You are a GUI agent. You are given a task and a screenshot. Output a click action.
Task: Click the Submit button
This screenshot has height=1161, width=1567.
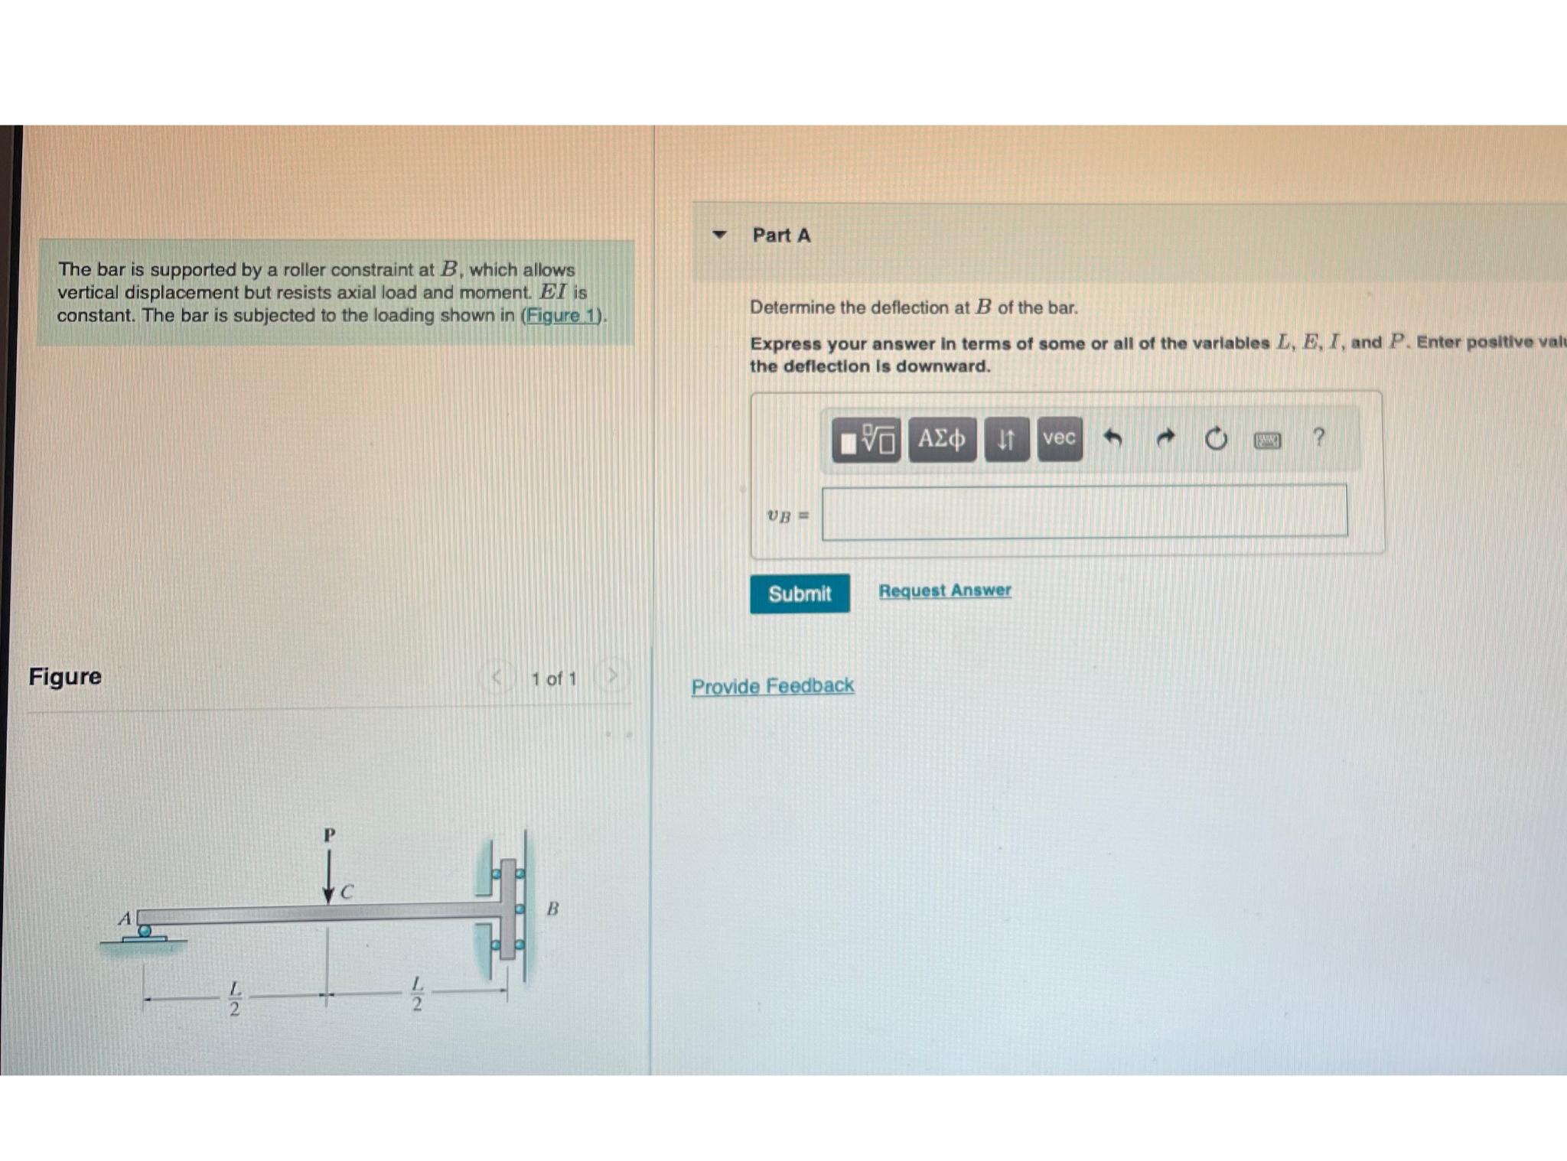tap(800, 594)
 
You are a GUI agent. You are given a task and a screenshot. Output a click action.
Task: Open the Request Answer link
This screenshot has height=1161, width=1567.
tap(944, 590)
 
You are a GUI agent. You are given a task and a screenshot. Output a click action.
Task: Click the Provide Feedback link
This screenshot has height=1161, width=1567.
tap(773, 686)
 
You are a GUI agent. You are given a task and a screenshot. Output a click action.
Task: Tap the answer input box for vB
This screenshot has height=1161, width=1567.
tap(1084, 511)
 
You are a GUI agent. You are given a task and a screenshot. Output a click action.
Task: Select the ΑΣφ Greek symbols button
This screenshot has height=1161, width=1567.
tap(942, 439)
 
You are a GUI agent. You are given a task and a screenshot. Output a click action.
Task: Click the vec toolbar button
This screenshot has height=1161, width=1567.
tap(1060, 438)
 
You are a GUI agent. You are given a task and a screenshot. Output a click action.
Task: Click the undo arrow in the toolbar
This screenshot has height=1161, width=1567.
tap(1113, 438)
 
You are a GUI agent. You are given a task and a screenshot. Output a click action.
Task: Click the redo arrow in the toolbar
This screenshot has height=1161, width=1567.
tap(1165, 438)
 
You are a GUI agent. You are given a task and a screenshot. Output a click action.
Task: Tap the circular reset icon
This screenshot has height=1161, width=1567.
tap(1216, 440)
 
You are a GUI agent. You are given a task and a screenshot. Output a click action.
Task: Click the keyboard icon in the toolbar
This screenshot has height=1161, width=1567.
tap(1267, 441)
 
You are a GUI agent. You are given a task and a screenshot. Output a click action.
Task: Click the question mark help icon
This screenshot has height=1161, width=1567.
tap(1318, 437)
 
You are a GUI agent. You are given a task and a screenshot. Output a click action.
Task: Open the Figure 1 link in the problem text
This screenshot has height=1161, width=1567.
tap(561, 316)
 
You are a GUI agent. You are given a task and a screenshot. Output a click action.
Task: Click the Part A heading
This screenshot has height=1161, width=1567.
tap(781, 236)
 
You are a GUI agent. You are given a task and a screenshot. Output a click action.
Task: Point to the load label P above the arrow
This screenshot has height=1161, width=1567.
tap(329, 834)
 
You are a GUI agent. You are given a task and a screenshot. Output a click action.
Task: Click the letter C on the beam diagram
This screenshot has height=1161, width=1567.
tap(347, 892)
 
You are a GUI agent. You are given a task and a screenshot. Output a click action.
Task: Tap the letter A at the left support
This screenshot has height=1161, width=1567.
tap(125, 918)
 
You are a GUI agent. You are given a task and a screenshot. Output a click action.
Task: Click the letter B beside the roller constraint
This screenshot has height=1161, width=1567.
tap(552, 909)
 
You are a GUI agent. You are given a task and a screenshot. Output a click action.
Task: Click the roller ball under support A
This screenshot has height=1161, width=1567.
tap(145, 931)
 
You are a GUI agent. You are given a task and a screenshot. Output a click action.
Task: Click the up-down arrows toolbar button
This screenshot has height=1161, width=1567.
tap(1006, 439)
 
